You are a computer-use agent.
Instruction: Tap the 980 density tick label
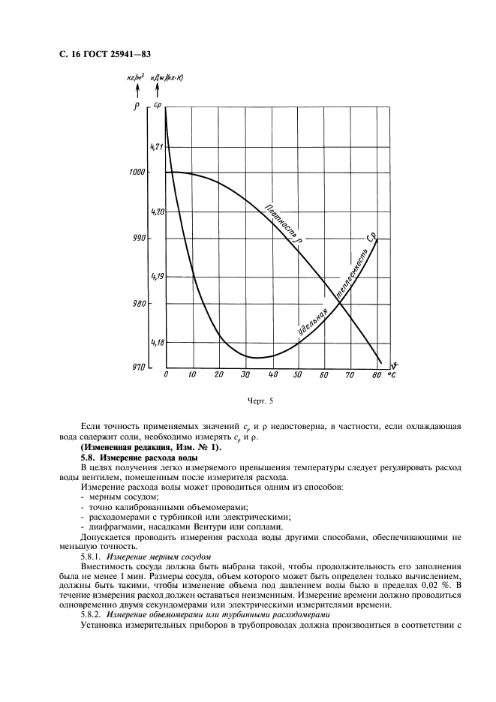pyautogui.click(x=137, y=304)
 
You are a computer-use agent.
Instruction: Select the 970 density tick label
pyautogui.click(x=137, y=367)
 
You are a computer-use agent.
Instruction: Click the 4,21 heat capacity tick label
pyautogui.click(x=157, y=147)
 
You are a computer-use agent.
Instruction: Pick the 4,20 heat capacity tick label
pyautogui.click(x=157, y=213)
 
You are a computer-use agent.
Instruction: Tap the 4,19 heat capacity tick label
pyautogui.click(x=157, y=277)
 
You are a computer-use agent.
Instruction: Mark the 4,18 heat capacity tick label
pyautogui.click(x=157, y=343)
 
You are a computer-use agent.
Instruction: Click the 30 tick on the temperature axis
pyautogui.click(x=245, y=375)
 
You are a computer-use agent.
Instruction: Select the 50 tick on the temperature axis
pyautogui.click(x=299, y=375)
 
